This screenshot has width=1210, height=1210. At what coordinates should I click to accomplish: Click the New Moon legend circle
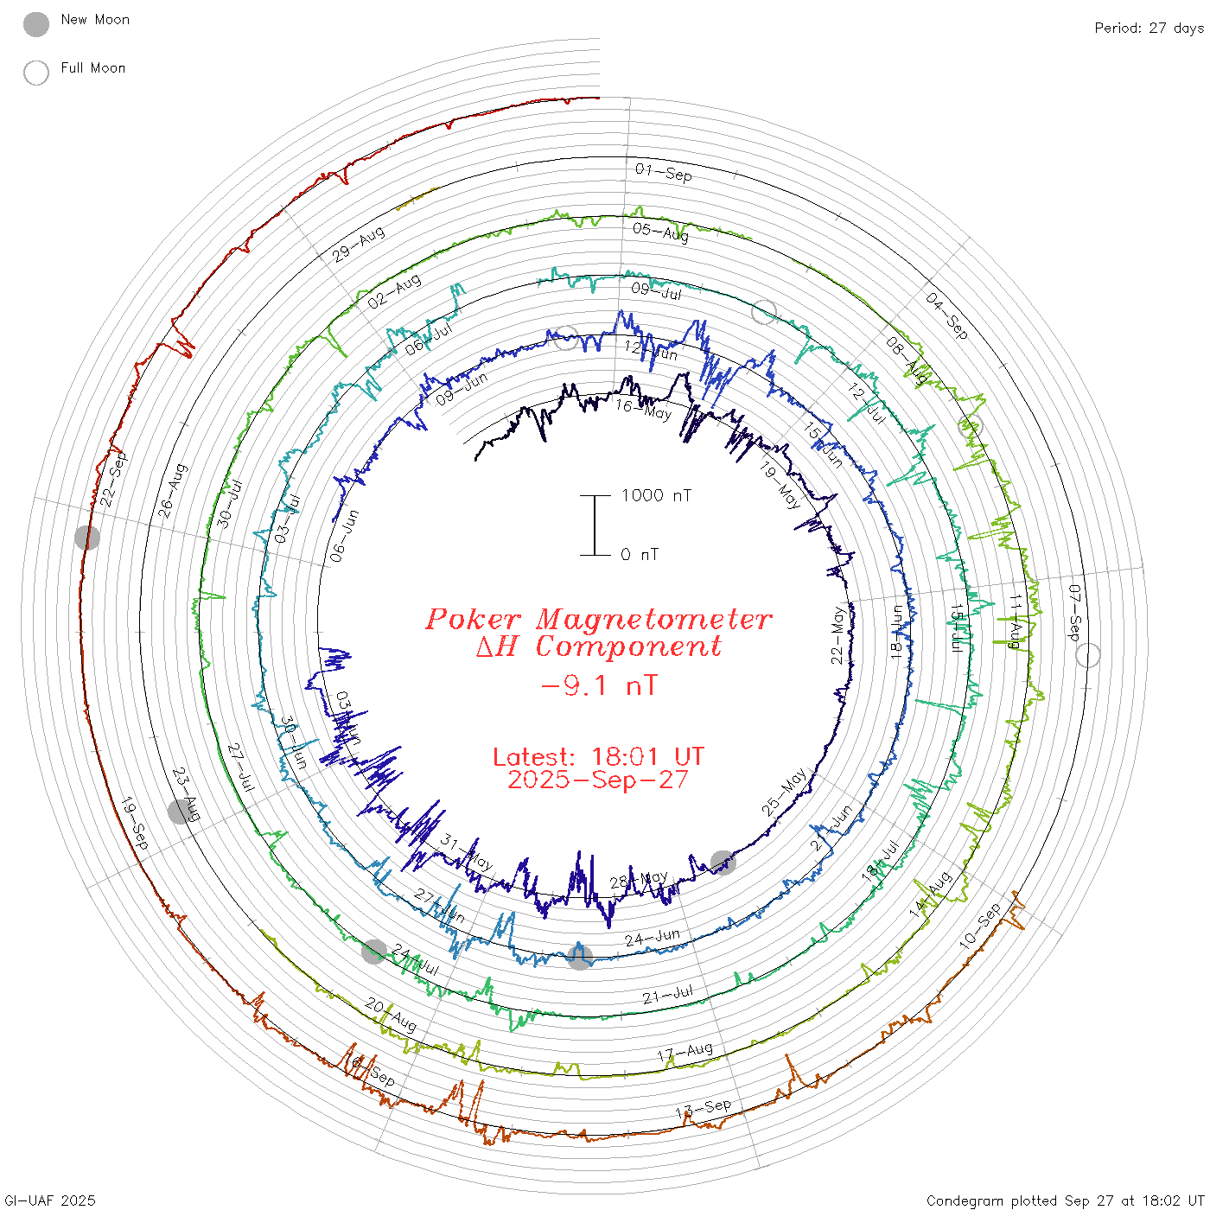pyautogui.click(x=36, y=24)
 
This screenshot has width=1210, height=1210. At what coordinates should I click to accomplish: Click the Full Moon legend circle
pyautogui.click(x=36, y=73)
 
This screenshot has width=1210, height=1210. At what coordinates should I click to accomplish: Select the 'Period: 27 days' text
pyautogui.click(x=1149, y=28)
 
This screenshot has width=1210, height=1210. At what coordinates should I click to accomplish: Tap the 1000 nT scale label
pyautogui.click(x=656, y=495)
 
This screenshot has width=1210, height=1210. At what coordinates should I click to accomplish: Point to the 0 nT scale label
pyautogui.click(x=640, y=554)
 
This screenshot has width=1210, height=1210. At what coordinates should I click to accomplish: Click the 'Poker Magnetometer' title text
pyautogui.click(x=598, y=619)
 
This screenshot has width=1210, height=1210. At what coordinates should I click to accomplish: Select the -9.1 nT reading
pyautogui.click(x=598, y=685)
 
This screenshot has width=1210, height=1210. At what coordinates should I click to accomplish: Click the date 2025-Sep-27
pyautogui.click(x=598, y=780)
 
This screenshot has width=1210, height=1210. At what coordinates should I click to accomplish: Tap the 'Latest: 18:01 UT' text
pyautogui.click(x=598, y=756)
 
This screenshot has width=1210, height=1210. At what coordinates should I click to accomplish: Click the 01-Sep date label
pyautogui.click(x=663, y=172)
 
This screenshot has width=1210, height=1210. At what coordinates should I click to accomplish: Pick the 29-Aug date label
pyautogui.click(x=358, y=245)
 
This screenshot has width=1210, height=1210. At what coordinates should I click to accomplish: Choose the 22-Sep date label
pyautogui.click(x=113, y=479)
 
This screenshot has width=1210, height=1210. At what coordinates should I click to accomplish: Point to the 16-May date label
pyautogui.click(x=642, y=409)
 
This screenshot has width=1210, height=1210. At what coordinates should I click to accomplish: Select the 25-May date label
pyautogui.click(x=784, y=792)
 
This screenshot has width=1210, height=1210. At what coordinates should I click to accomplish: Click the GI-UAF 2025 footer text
pyautogui.click(x=50, y=1200)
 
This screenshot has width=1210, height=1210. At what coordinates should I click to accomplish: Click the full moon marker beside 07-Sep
pyautogui.click(x=1088, y=655)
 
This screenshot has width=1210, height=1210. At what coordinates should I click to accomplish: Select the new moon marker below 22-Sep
pyautogui.click(x=87, y=538)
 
